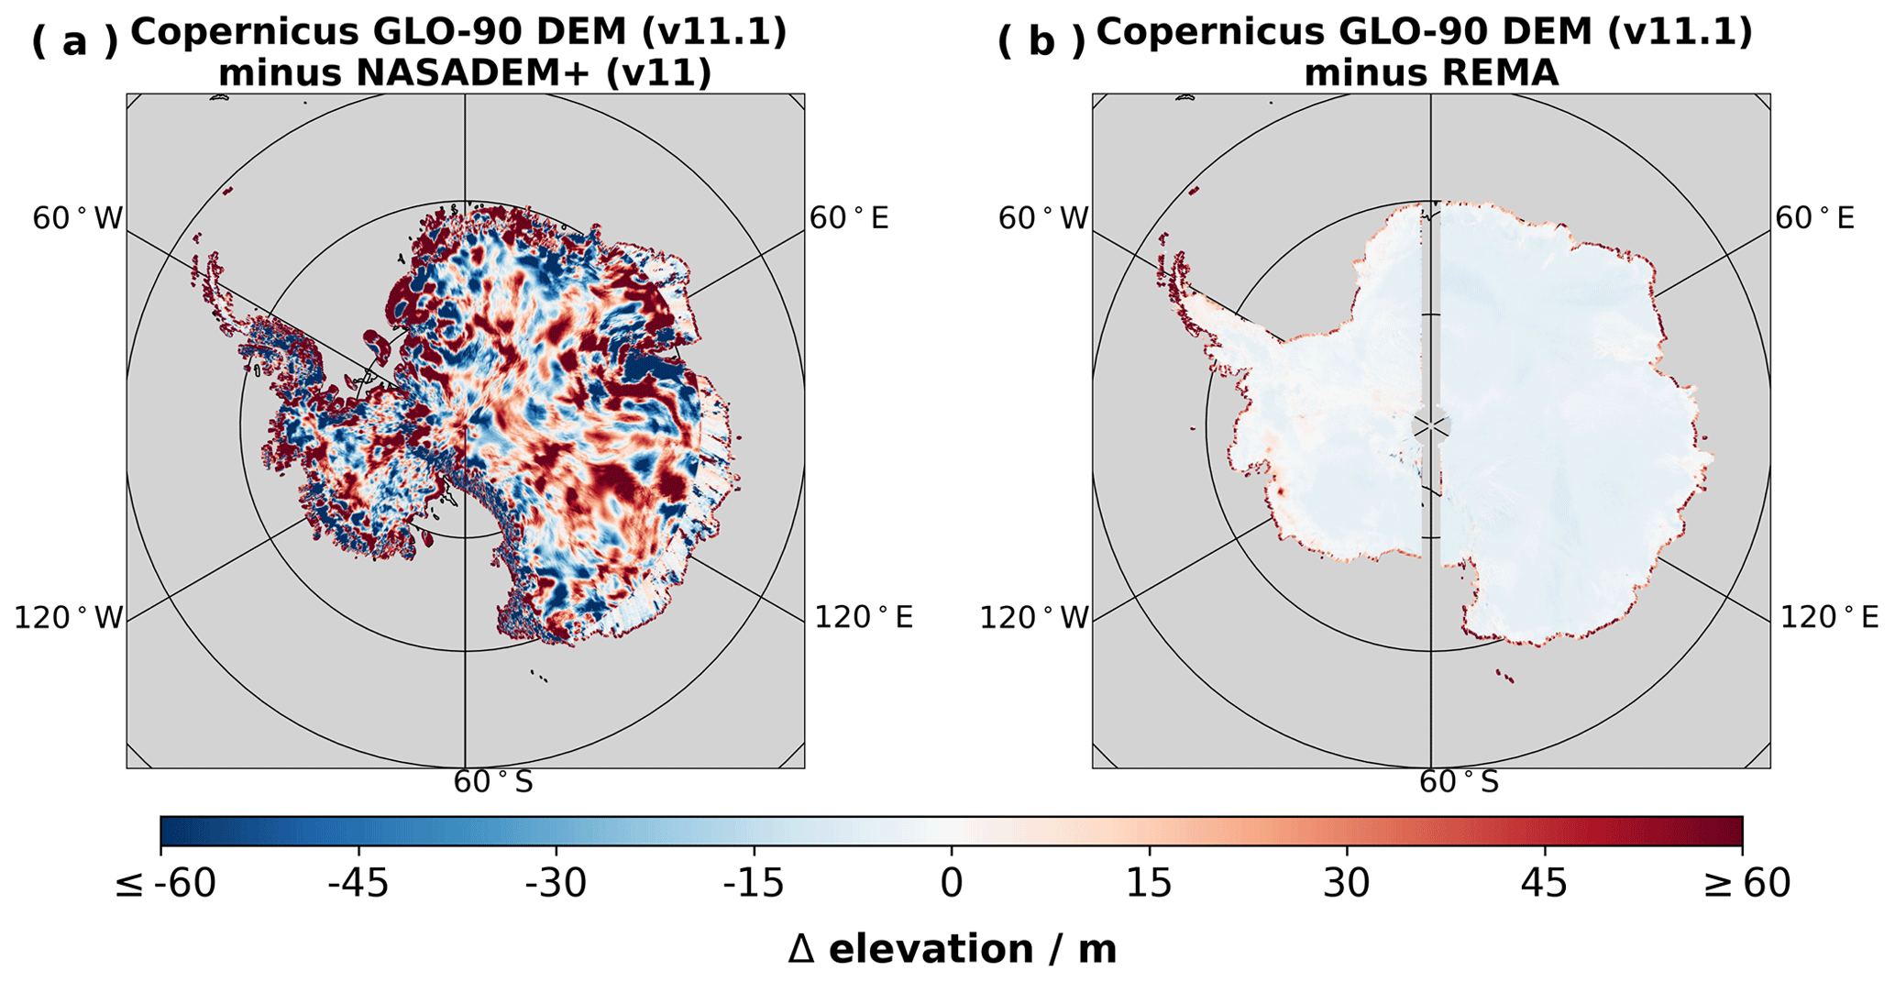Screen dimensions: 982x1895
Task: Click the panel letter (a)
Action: [75, 41]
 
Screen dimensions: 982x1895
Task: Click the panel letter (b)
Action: [1041, 41]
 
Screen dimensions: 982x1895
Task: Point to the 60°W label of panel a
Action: [77, 219]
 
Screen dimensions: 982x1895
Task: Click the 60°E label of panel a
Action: [849, 218]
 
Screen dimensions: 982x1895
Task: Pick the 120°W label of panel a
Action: [68, 618]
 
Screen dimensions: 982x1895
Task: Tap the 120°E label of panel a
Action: [864, 617]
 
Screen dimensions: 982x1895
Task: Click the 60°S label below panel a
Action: [493, 782]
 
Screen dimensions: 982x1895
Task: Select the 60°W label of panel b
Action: [1043, 219]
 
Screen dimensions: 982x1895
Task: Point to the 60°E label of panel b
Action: [1815, 218]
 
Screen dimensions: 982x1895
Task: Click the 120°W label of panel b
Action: [1034, 618]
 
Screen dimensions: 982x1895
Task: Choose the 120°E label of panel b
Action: [1829, 617]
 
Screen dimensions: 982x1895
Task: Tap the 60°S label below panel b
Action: [1460, 782]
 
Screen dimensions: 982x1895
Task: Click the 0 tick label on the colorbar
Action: [952, 883]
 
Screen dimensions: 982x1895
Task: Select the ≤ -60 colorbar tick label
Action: [165, 883]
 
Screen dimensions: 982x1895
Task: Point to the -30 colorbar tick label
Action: [556, 883]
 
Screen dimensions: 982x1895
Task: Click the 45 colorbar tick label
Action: [1545, 883]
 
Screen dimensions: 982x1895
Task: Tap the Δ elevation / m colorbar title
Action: [952, 949]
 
